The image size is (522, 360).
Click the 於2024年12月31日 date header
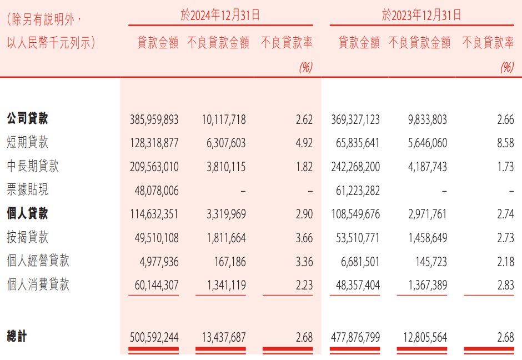click(x=220, y=15)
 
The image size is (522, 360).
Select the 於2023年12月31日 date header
click(x=421, y=15)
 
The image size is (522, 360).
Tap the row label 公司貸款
click(x=27, y=119)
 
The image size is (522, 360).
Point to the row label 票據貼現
click(x=27, y=190)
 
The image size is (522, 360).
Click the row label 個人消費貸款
click(x=38, y=285)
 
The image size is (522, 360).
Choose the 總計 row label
click(x=17, y=337)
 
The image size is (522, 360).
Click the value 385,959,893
click(x=154, y=119)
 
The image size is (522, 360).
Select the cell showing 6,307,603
click(x=221, y=143)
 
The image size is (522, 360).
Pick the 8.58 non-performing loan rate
click(x=505, y=143)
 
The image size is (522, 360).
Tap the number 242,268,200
click(x=355, y=167)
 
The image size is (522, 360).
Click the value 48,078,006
click(x=157, y=191)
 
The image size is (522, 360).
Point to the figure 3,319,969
click(x=221, y=214)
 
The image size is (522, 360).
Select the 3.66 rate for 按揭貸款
click(x=304, y=238)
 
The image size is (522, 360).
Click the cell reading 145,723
click(x=428, y=262)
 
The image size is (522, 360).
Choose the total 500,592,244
click(x=154, y=337)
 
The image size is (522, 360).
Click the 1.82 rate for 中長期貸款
click(x=304, y=167)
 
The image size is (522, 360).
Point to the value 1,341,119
click(x=221, y=286)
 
